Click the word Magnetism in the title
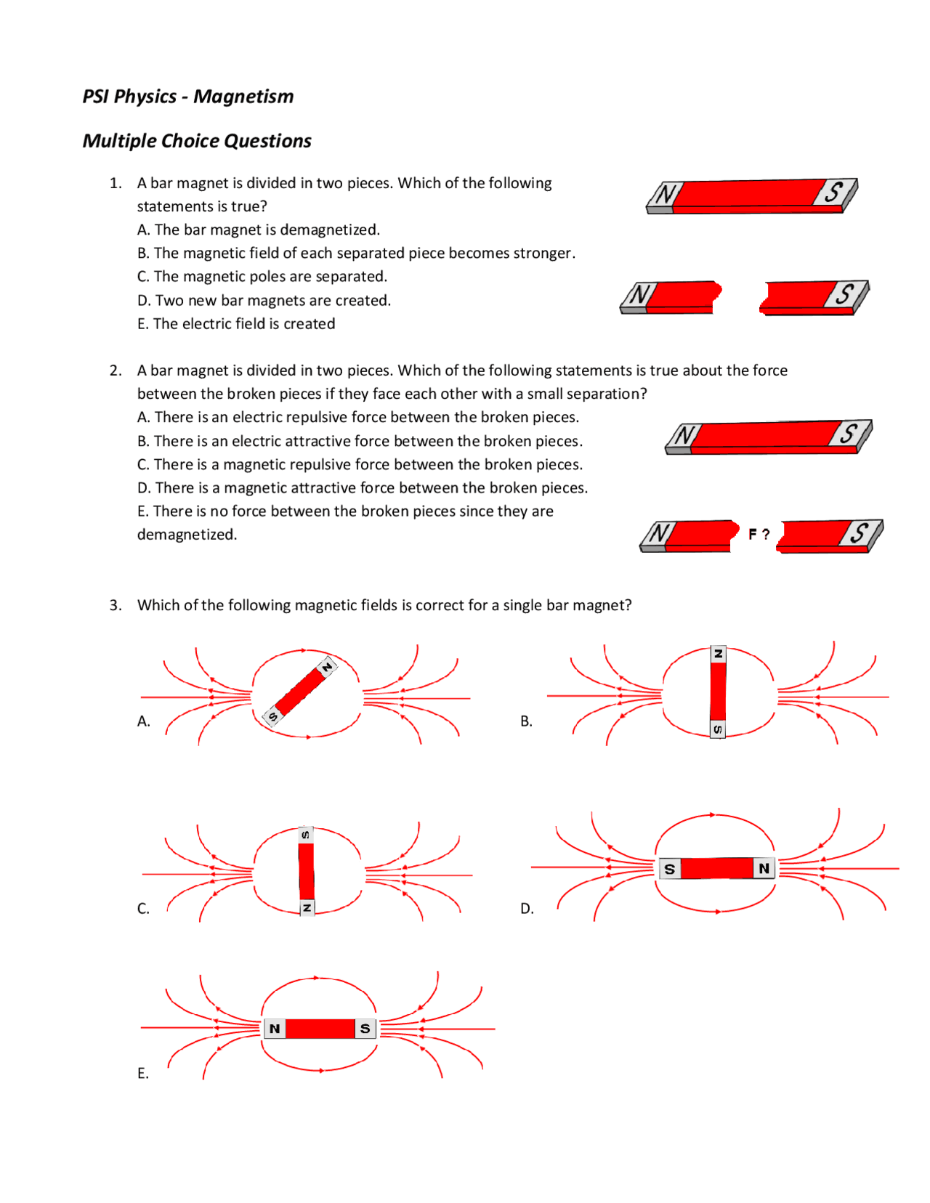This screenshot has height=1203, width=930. click(x=243, y=97)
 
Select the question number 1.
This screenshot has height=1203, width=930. click(x=115, y=183)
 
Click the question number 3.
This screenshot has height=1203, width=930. click(x=115, y=605)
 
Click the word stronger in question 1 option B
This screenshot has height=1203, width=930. click(x=544, y=253)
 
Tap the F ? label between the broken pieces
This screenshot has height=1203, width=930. click(x=759, y=534)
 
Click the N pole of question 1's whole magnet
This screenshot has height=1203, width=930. click(x=662, y=195)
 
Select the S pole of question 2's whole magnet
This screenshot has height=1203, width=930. click(x=849, y=434)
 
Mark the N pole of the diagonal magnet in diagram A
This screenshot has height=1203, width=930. click(x=327, y=668)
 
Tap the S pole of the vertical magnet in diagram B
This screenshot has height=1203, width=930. click(x=718, y=729)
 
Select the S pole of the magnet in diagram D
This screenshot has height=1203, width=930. click(x=670, y=869)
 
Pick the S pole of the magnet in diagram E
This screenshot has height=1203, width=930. click(x=365, y=1029)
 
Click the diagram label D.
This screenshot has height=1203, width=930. click(x=527, y=909)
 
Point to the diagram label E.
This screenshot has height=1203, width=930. click(x=143, y=1074)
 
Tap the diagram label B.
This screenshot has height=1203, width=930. click(x=527, y=721)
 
